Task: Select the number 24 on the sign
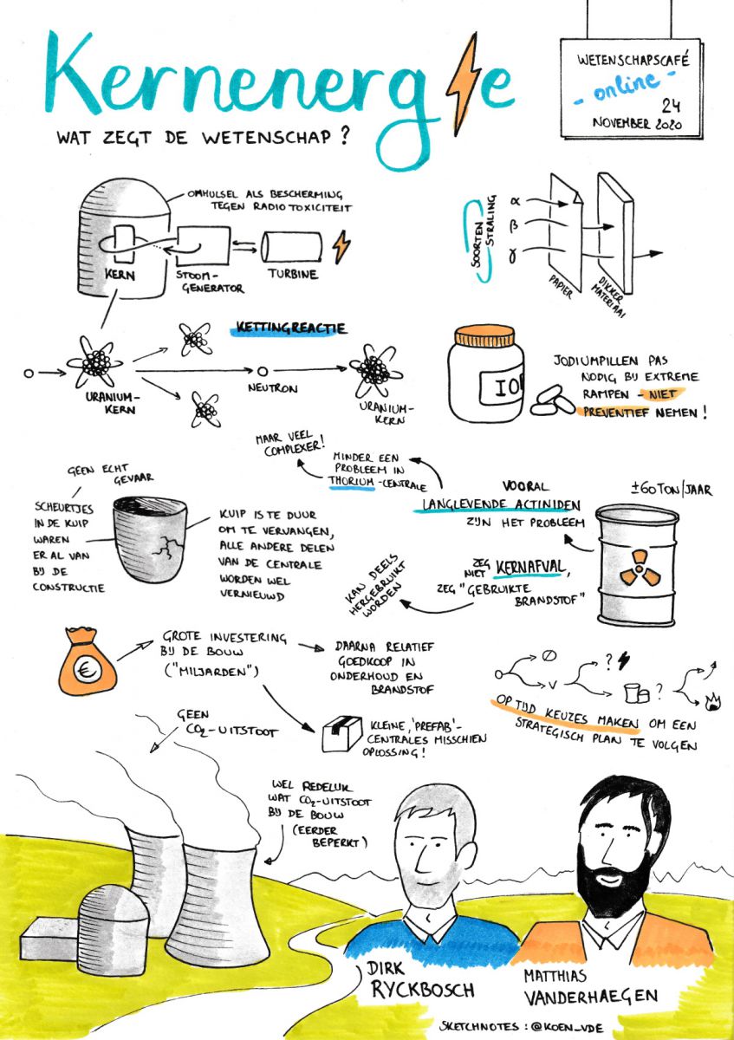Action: [672, 106]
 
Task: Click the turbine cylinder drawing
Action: [291, 248]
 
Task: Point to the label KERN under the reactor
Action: [120, 275]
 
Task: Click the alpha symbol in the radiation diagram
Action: [516, 201]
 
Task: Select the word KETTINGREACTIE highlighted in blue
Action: [291, 328]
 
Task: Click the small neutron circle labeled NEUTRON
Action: [263, 372]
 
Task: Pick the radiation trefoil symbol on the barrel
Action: [640, 567]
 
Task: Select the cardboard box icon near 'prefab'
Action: [342, 733]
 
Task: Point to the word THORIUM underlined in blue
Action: [352, 482]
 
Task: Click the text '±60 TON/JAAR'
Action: [671, 489]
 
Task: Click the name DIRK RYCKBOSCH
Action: [420, 978]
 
